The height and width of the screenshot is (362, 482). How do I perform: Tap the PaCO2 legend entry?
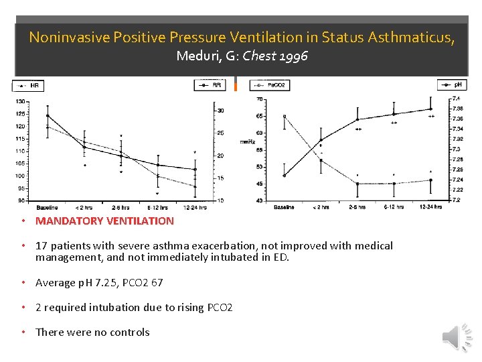269,85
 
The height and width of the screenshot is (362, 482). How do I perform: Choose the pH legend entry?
453,84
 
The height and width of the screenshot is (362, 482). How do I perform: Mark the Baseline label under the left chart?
47,206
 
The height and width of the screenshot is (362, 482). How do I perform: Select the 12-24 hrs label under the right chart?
430,206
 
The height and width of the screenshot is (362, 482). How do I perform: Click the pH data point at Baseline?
285,176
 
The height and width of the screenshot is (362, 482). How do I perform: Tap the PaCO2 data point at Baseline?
285,116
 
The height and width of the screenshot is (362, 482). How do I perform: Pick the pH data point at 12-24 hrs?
430,109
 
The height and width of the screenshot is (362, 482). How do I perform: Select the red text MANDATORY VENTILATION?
104,221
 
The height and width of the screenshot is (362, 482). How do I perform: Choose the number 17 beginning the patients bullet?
42,246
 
